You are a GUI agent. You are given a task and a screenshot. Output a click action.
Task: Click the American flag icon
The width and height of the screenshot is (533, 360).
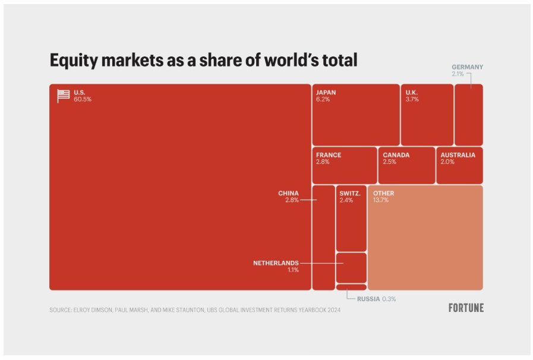pyautogui.click(x=63, y=96)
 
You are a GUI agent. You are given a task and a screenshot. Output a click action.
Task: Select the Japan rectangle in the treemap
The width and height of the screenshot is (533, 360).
pyautogui.click(x=355, y=115)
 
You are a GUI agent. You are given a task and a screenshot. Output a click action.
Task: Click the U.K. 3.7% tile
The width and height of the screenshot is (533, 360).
pyautogui.click(x=427, y=115)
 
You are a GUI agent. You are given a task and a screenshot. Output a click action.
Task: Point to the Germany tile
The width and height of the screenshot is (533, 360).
pyautogui.click(x=468, y=115)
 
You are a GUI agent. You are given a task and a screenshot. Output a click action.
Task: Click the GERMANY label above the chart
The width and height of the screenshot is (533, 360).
pyautogui.click(x=467, y=67)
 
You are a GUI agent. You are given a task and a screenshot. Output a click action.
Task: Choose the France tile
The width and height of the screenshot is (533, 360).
pyautogui.click(x=344, y=165)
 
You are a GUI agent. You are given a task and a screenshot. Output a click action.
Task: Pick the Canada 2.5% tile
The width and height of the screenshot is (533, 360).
pyautogui.click(x=406, y=165)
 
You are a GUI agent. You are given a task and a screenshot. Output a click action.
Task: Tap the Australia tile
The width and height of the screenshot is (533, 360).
pyautogui.click(x=459, y=165)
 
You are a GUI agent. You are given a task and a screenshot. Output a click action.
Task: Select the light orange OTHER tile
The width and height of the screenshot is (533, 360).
pyautogui.click(x=425, y=238)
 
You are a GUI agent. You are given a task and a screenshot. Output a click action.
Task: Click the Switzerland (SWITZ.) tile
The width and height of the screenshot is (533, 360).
pyautogui.click(x=351, y=219)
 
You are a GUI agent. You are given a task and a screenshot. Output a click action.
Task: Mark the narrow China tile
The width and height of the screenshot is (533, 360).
pyautogui.click(x=323, y=238)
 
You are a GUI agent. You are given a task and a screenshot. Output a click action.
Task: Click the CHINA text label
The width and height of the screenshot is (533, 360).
pyautogui.click(x=288, y=193)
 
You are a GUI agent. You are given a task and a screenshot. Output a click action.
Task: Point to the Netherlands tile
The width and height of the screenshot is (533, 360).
pyautogui.click(x=351, y=267)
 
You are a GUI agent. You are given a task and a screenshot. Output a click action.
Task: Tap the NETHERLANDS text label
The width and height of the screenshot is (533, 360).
pyautogui.click(x=276, y=263)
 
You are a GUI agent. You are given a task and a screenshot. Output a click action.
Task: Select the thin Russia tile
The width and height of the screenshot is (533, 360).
pyautogui.click(x=351, y=287)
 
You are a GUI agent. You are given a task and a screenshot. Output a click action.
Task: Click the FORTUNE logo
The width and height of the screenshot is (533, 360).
pyautogui.click(x=466, y=308)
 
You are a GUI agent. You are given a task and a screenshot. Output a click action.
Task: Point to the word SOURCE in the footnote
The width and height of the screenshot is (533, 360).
pyautogui.click(x=61, y=310)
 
